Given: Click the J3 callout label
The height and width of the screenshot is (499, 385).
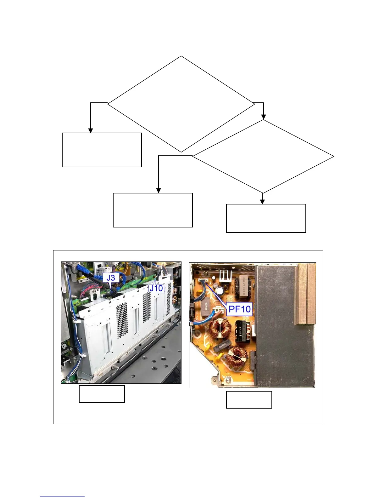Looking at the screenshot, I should [x=110, y=278].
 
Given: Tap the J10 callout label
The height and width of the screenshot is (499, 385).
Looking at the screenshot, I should [x=156, y=288].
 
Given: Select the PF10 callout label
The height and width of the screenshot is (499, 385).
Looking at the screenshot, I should [x=240, y=309].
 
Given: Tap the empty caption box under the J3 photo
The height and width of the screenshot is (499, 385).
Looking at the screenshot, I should [x=102, y=394].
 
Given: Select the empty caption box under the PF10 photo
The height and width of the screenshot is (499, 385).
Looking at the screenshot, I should [x=249, y=400].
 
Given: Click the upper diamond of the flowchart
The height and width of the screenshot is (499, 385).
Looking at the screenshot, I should [x=181, y=104].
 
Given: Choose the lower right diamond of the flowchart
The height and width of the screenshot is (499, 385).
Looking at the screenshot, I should [x=263, y=156].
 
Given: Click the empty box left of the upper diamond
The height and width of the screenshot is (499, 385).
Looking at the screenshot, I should [x=102, y=150].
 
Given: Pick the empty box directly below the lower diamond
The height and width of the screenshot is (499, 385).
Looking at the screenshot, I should [x=266, y=218].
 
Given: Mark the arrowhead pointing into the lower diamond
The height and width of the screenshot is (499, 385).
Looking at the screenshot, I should [x=264, y=117].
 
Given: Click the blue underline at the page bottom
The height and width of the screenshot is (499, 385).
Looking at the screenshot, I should [x=62, y=496].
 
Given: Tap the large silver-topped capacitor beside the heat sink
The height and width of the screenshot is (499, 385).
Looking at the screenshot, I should [x=219, y=290].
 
